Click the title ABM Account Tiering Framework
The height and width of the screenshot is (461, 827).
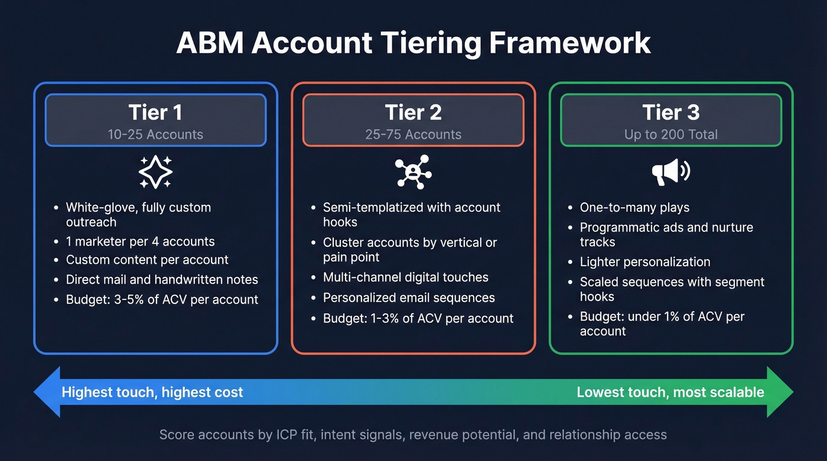click(x=413, y=43)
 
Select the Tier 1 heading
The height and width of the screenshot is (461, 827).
click(x=155, y=112)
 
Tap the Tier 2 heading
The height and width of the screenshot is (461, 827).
click(x=413, y=112)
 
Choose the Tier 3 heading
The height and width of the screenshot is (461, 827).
click(x=670, y=112)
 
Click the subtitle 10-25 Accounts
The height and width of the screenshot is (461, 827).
click(x=155, y=135)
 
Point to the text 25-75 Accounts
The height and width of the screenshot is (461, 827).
click(x=413, y=135)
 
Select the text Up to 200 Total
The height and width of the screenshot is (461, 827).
click(x=670, y=135)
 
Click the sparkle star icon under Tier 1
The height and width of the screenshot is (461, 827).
click(x=155, y=172)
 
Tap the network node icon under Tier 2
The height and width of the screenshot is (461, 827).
click(x=413, y=172)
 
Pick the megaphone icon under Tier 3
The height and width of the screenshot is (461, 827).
click(x=670, y=172)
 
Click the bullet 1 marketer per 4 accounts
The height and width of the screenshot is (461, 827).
click(x=140, y=241)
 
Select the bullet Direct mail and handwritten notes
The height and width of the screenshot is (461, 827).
click(x=162, y=279)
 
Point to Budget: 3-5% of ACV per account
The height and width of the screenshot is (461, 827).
click(x=162, y=299)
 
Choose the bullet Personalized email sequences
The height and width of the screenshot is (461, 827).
click(x=409, y=298)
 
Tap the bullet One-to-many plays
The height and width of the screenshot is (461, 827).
click(x=634, y=208)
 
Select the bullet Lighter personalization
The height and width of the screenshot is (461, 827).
click(x=645, y=262)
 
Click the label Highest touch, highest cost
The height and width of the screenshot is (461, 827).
click(x=152, y=393)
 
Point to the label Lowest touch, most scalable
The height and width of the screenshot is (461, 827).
click(x=670, y=393)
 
